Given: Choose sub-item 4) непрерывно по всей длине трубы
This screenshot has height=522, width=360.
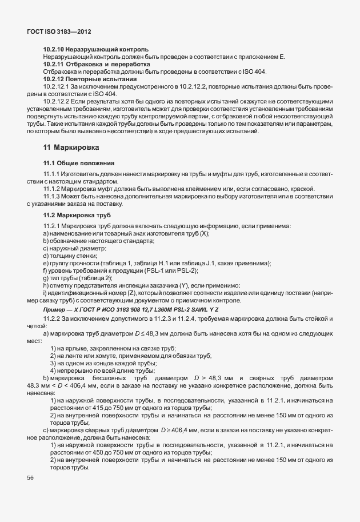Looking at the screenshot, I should (x=97, y=370).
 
